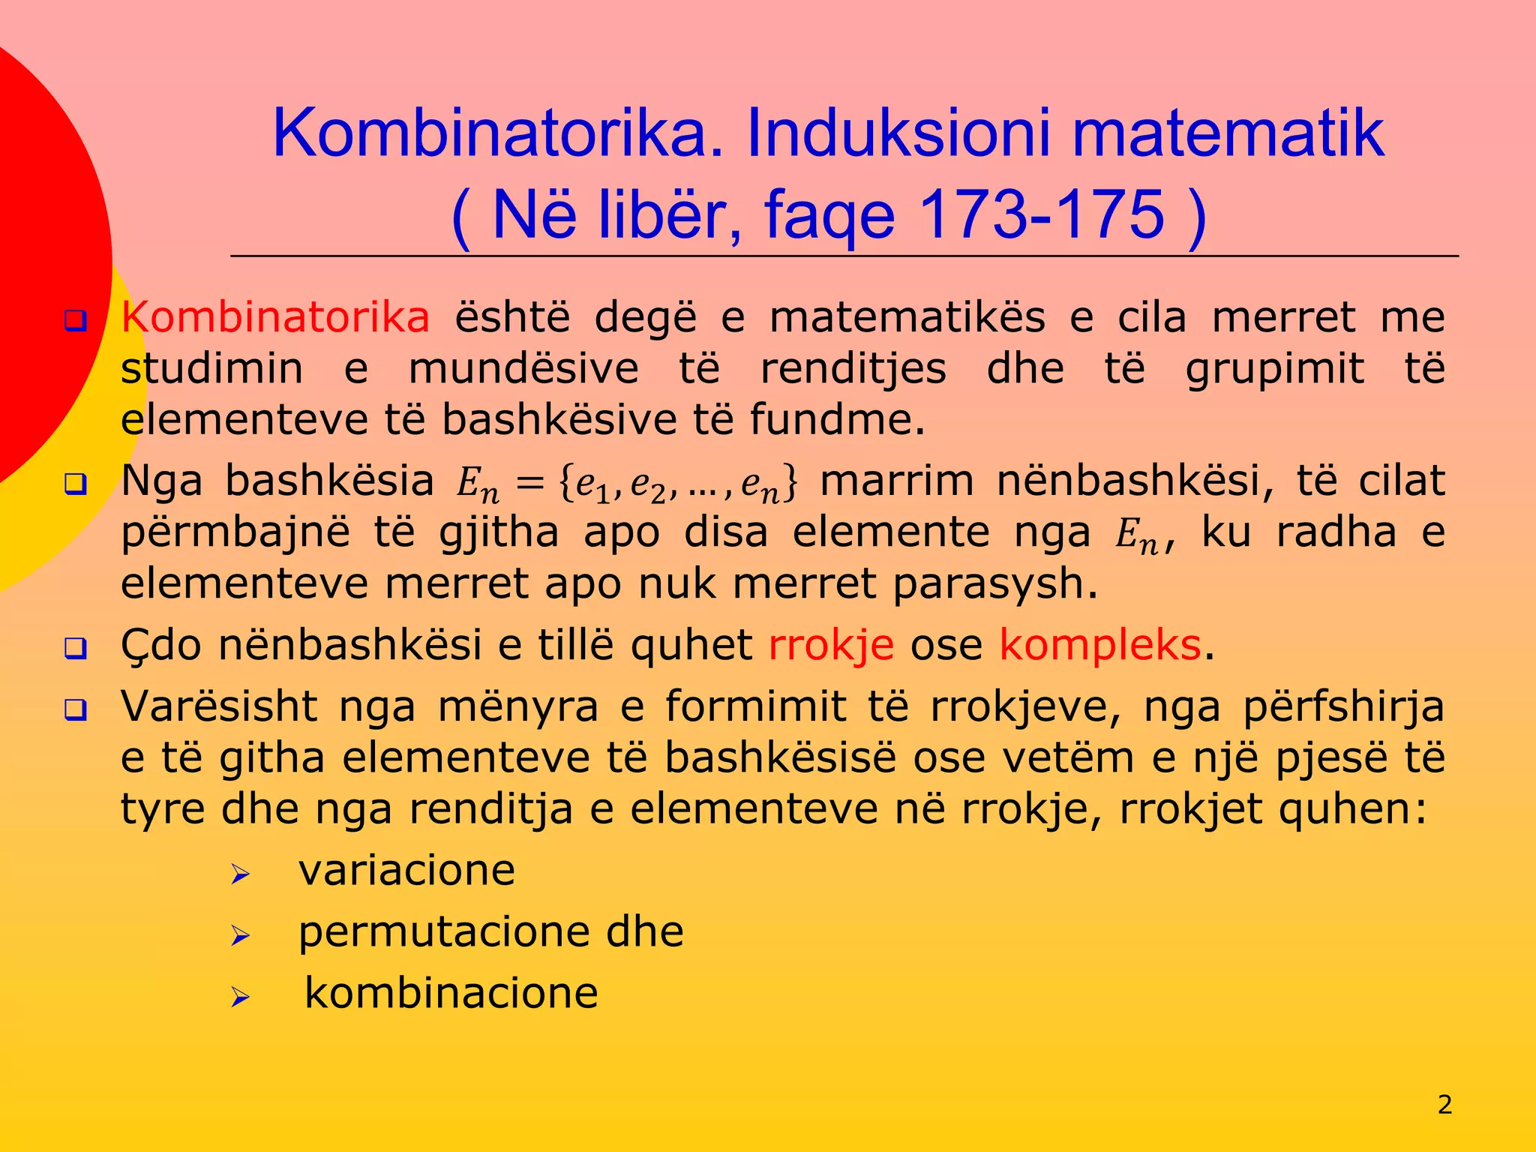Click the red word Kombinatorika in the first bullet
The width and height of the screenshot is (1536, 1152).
275,317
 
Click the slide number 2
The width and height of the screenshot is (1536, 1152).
1444,1104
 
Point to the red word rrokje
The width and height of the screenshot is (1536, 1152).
831,645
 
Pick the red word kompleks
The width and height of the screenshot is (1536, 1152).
1100,645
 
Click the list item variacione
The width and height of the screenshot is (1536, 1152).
406,871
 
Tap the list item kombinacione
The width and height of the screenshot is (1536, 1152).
451,994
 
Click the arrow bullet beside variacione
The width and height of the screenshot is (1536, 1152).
240,874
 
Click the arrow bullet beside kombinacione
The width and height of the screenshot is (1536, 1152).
240,997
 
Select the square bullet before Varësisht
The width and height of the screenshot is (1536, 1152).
76,709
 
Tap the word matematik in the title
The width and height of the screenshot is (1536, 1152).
1228,133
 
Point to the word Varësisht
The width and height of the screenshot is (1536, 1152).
219,706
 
